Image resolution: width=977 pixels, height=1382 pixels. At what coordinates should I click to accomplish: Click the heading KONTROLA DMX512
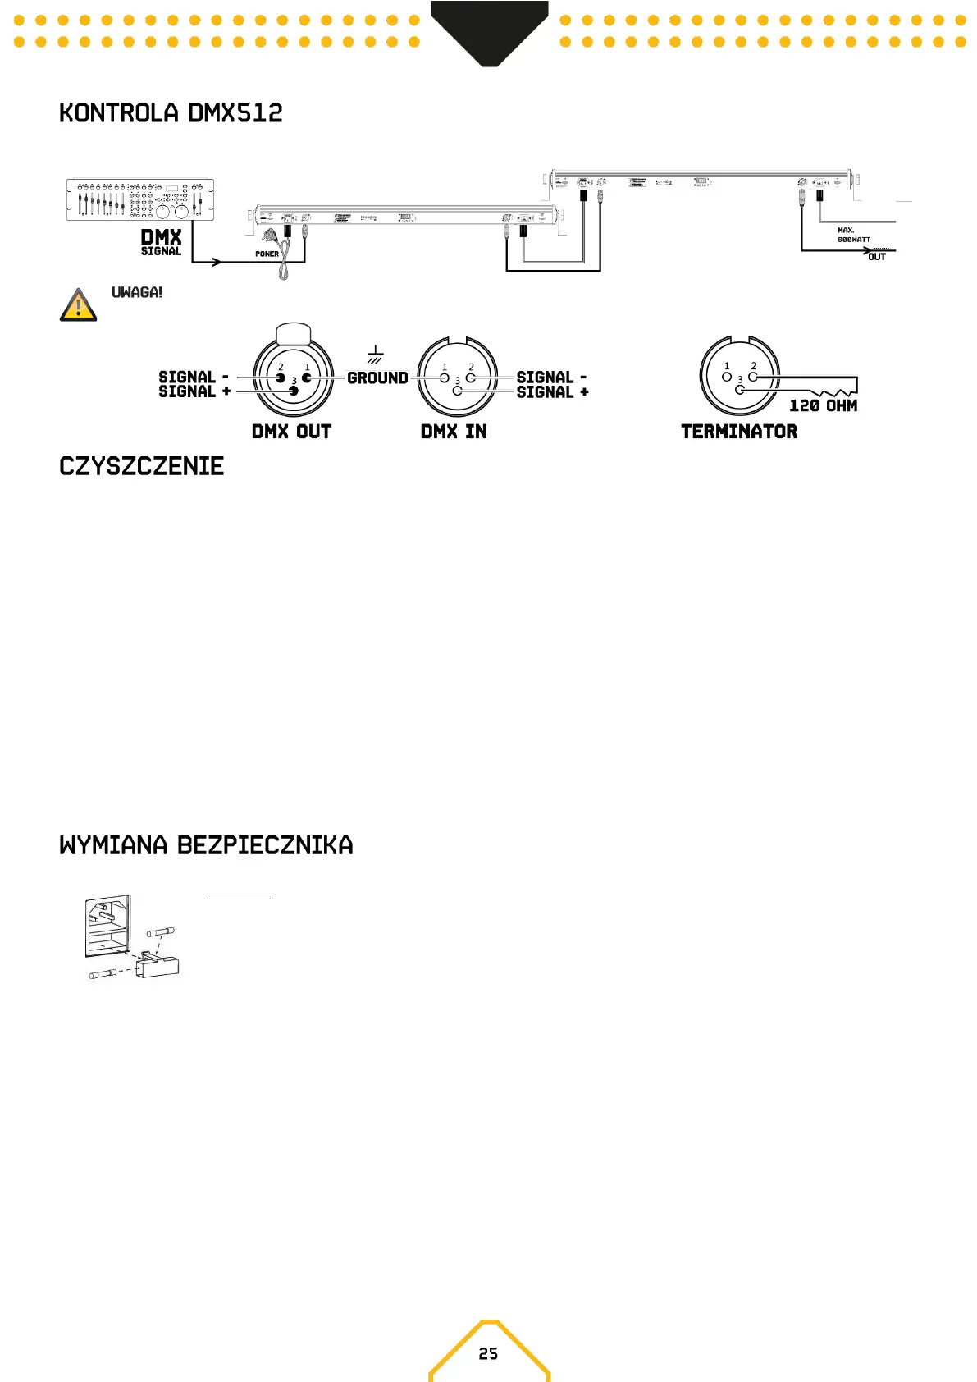point(171,113)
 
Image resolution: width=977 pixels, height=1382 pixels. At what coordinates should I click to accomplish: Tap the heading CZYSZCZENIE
point(141,466)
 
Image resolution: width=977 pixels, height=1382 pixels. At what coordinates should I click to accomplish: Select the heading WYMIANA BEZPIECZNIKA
point(206,845)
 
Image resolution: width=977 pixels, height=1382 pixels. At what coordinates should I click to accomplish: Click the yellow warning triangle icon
point(79,305)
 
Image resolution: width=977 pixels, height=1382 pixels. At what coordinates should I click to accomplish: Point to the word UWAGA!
point(137,292)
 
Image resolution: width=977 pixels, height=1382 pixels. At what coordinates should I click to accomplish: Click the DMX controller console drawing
point(139,199)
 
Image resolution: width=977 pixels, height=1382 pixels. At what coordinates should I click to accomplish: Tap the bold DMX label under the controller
point(161,238)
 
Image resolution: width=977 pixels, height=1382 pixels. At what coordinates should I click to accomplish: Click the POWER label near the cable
point(267,254)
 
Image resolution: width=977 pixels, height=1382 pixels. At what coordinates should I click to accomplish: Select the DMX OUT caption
point(291,432)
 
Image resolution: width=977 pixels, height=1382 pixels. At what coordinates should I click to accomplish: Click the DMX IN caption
point(454,432)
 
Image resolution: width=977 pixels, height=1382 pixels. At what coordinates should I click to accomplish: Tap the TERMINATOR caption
point(739,432)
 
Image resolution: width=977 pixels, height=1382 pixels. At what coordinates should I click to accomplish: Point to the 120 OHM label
point(823,405)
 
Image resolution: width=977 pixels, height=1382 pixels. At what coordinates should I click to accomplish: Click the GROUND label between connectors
point(377,378)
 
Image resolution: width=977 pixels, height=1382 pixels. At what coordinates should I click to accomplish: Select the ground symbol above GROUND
point(375,355)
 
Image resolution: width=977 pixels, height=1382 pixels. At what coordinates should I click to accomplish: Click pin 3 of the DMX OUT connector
point(293,391)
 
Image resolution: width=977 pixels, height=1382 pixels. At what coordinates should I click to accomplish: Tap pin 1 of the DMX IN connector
point(445,378)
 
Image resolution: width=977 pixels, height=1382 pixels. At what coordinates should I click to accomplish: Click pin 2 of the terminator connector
point(753,377)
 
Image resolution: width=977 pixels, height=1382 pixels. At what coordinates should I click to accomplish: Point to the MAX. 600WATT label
point(853,236)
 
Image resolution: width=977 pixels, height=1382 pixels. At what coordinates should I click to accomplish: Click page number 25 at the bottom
point(488,1353)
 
